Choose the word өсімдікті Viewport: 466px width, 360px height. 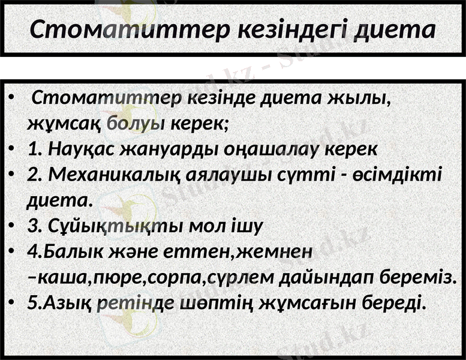click(400, 174)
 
